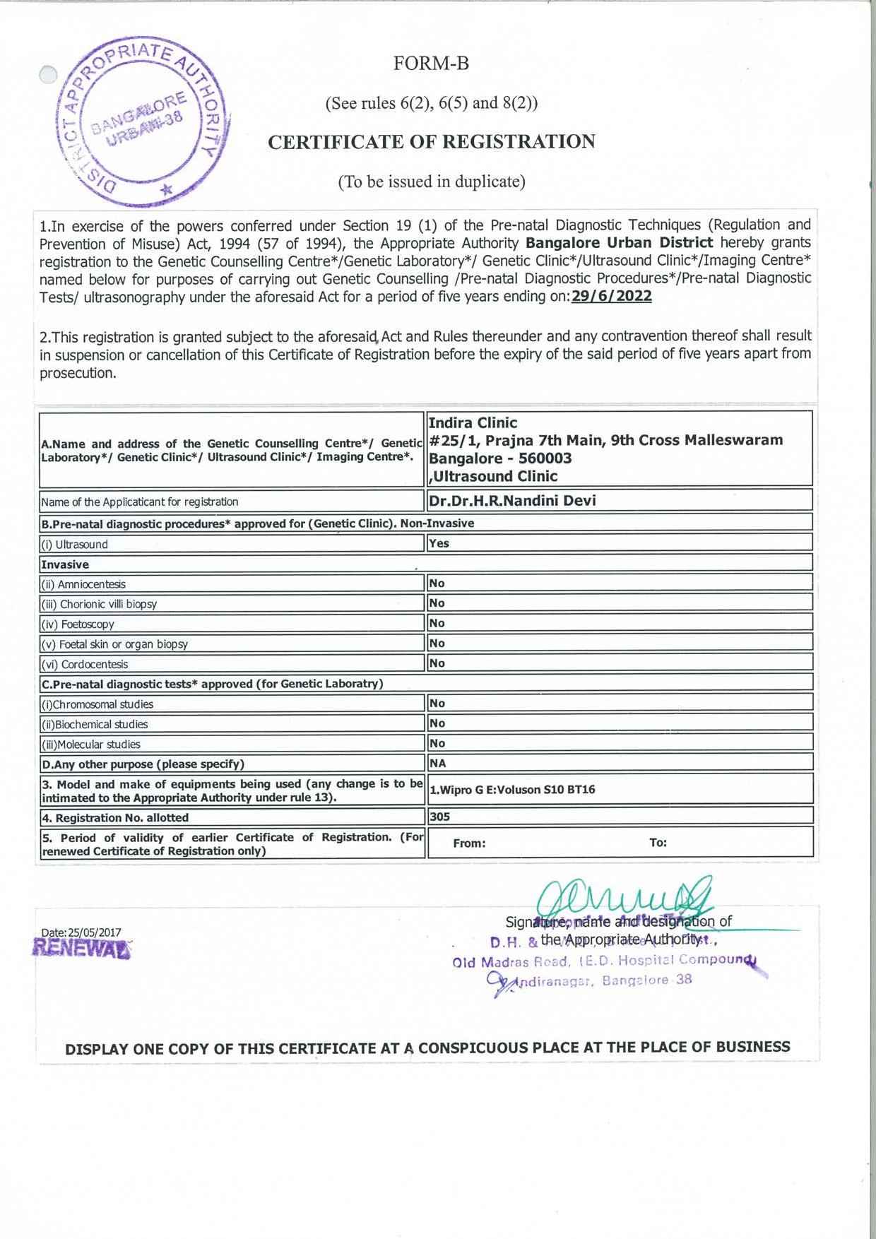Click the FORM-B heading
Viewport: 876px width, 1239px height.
pyautogui.click(x=431, y=64)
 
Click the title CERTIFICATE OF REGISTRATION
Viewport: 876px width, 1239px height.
pyautogui.click(x=431, y=142)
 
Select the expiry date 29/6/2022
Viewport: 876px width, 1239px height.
pyautogui.click(x=611, y=297)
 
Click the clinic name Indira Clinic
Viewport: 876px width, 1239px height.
pyautogui.click(x=473, y=423)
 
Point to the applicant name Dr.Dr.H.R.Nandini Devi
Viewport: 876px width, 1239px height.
pyautogui.click(x=512, y=501)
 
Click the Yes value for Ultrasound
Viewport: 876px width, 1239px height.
pyautogui.click(x=439, y=543)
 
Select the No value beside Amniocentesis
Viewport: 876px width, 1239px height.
pyautogui.click(x=437, y=583)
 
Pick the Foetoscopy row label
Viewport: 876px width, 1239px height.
pyautogui.click(x=78, y=624)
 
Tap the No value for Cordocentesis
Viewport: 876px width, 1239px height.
pyautogui.click(x=437, y=663)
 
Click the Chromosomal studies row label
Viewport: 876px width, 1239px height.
pyautogui.click(x=97, y=704)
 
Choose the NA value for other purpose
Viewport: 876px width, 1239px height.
pyautogui.click(x=438, y=764)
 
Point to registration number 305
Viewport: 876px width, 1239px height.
pyautogui.click(x=439, y=817)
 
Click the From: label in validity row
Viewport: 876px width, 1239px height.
pyautogui.click(x=469, y=843)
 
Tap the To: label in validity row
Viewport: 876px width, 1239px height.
pyautogui.click(x=658, y=843)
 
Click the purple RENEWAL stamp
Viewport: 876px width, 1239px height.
pyautogui.click(x=82, y=948)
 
